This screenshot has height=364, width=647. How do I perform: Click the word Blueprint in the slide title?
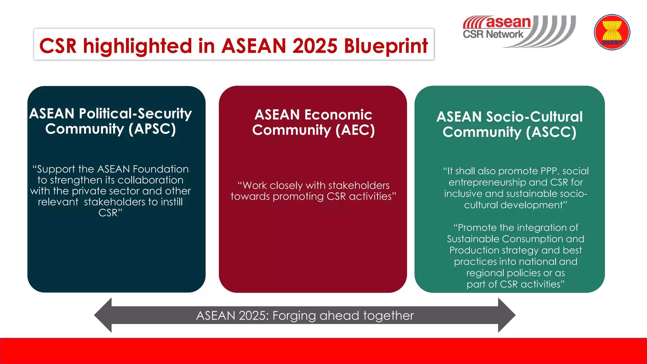386,46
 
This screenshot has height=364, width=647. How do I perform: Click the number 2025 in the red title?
315,46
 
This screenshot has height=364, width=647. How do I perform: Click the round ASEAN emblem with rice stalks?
612,32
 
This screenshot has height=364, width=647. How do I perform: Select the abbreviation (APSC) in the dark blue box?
152,129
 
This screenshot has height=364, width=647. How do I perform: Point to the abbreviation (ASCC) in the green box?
551,132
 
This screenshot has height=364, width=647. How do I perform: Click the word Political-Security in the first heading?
135,114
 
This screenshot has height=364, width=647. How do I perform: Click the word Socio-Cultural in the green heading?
534,117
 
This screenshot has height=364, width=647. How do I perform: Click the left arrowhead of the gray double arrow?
103,315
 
